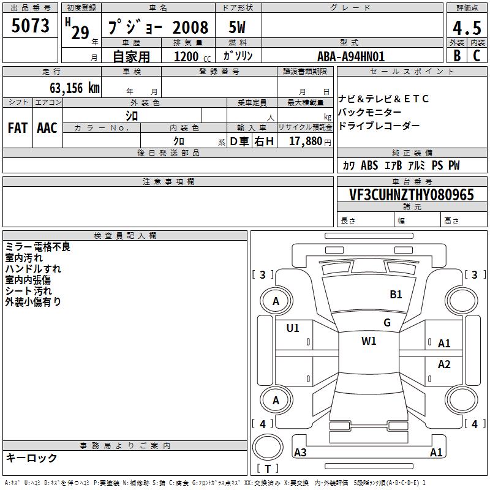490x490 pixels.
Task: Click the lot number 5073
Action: point(30,25)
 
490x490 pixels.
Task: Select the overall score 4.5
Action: point(467,28)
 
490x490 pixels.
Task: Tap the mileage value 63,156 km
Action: point(75,88)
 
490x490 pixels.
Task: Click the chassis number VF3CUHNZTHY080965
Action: point(411,194)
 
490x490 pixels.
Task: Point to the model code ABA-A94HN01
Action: point(351,56)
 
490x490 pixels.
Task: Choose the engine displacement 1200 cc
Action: point(192,56)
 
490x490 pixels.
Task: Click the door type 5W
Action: point(237,27)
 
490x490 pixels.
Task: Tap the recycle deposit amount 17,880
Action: point(306,141)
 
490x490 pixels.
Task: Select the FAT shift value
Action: point(18,128)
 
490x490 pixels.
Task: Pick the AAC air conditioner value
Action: point(47,128)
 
